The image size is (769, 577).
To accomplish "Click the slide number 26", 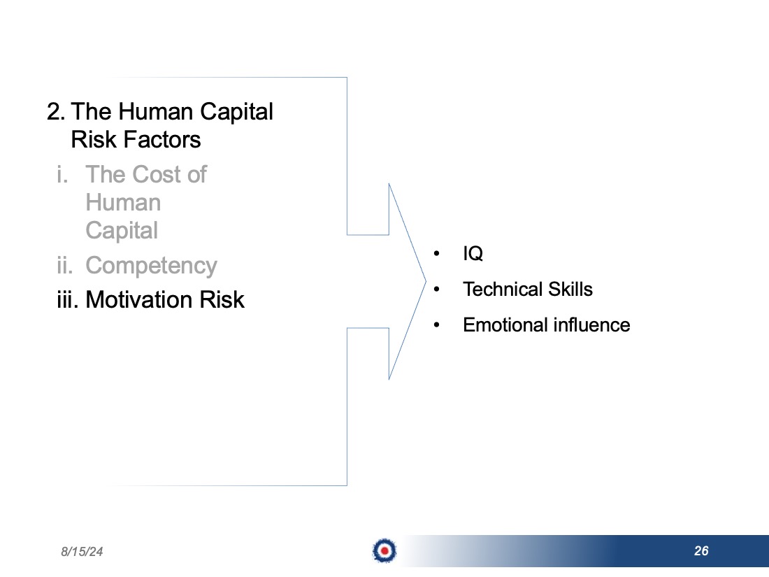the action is click(x=701, y=550).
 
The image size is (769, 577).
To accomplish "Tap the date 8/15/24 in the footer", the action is click(x=82, y=552).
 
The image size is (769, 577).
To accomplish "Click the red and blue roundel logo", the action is click(x=384, y=550).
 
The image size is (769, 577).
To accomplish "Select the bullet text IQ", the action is click(x=473, y=254).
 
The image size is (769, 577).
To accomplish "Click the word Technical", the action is click(x=503, y=289).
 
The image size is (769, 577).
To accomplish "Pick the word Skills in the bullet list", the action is click(x=570, y=289).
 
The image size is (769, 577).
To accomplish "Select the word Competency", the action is click(x=151, y=266).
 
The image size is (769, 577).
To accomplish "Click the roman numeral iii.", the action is click(x=68, y=299).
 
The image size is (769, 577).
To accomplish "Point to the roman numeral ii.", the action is click(x=65, y=266).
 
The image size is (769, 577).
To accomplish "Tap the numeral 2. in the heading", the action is click(x=56, y=111).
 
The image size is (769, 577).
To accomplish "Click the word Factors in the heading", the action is click(x=162, y=139).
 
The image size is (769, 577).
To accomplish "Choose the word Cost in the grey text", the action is click(x=157, y=174).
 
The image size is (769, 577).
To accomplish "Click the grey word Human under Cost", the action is click(x=123, y=202).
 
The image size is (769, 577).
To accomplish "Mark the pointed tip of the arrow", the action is click(x=426, y=282).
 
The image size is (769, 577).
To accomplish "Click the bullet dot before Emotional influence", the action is click(x=436, y=325).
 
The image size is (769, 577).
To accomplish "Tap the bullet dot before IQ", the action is click(x=436, y=254).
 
